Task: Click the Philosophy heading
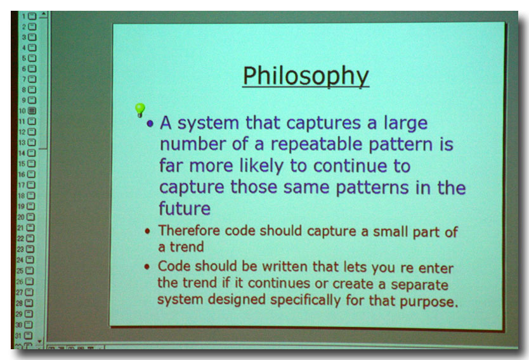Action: [x=306, y=76]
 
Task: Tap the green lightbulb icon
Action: [x=140, y=110]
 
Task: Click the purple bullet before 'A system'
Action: [x=150, y=124]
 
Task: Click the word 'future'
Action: [x=185, y=208]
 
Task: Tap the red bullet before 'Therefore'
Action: [x=147, y=231]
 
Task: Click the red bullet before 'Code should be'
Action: [x=147, y=267]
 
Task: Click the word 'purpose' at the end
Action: [x=429, y=301]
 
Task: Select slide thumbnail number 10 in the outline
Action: [x=32, y=110]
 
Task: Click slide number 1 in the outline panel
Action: [x=32, y=16]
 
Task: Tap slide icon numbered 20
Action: [x=30, y=217]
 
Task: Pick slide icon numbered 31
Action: [x=29, y=335]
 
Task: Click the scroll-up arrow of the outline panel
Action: [x=44, y=15]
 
